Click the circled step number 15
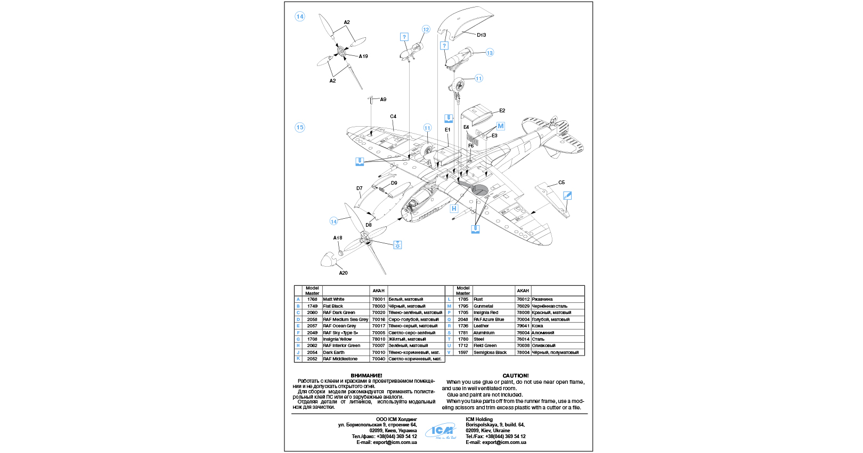[x=300, y=127]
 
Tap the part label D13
[x=481, y=35]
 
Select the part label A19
[x=363, y=56]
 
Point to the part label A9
[x=383, y=100]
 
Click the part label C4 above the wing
[x=393, y=117]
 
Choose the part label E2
[x=502, y=111]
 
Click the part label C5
[x=561, y=183]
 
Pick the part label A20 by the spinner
[x=343, y=273]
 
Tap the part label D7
[x=360, y=188]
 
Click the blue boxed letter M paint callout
[x=501, y=126]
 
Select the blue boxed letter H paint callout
[x=454, y=209]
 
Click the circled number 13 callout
[x=490, y=53]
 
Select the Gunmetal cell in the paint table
[x=483, y=306]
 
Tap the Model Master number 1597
[x=463, y=352]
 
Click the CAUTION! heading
[x=515, y=376]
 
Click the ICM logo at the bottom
[x=441, y=431]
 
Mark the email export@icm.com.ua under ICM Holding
[x=495, y=442]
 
